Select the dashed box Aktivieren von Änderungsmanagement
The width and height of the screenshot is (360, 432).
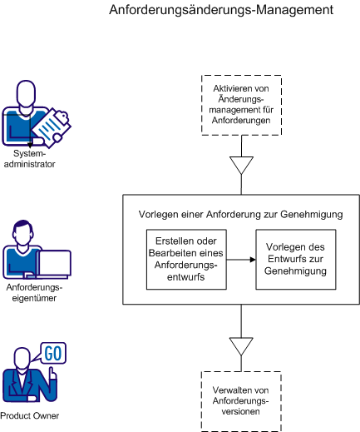click(240, 104)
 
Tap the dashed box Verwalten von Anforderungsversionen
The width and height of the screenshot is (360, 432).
click(240, 400)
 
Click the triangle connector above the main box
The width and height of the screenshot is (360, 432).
click(240, 165)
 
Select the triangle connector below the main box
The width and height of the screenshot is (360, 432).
click(240, 345)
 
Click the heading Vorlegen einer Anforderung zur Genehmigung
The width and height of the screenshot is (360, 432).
click(240, 215)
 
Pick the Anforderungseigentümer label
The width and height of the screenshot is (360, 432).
click(34, 292)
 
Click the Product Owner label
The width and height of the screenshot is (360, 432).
click(29, 416)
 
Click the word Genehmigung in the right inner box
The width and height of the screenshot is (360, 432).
click(296, 271)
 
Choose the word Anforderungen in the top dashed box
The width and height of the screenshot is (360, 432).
click(240, 122)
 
